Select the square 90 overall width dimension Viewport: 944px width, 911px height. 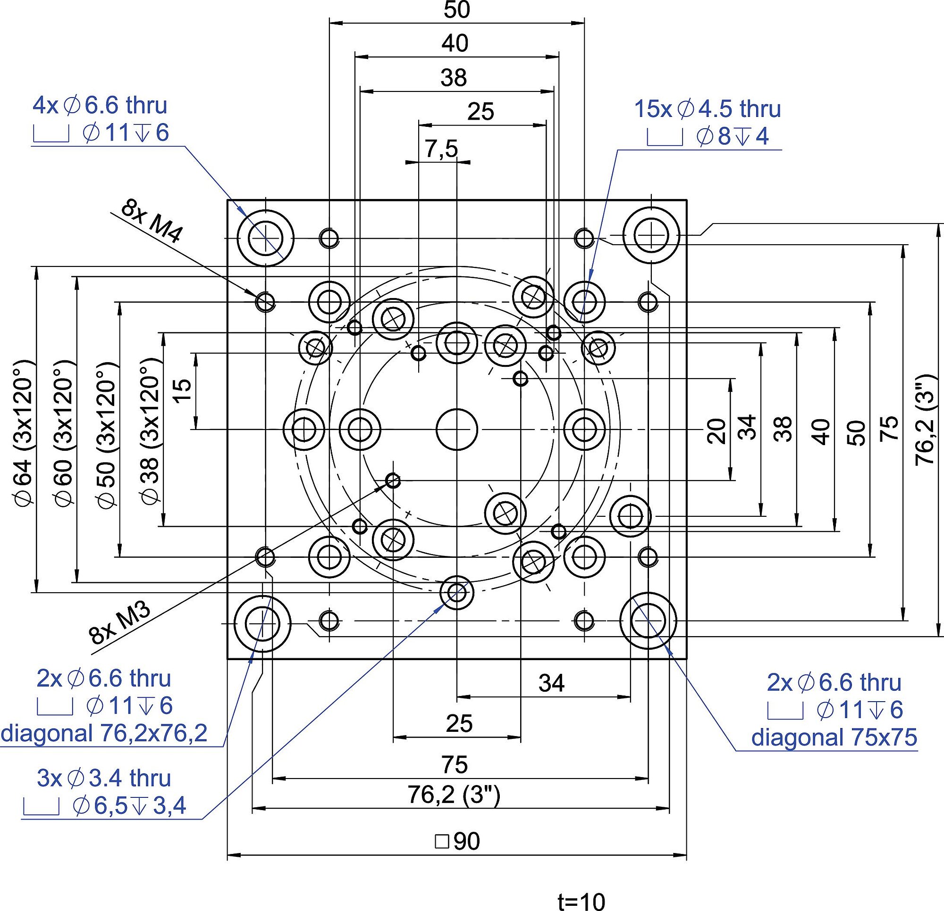pos(457,842)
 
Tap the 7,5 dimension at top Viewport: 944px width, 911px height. pos(441,149)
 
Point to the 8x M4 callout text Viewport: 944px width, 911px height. pos(152,221)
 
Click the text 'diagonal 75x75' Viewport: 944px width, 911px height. pos(834,737)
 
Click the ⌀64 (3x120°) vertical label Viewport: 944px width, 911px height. pos(24,431)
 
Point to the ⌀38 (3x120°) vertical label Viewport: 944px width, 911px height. pos(150,431)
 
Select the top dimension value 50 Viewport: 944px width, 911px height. pos(456,10)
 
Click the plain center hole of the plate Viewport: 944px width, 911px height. pos(456,429)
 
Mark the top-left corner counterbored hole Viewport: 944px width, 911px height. pos(265,238)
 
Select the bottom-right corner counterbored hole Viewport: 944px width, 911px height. pos(648,621)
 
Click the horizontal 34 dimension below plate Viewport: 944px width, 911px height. pos(551,683)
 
